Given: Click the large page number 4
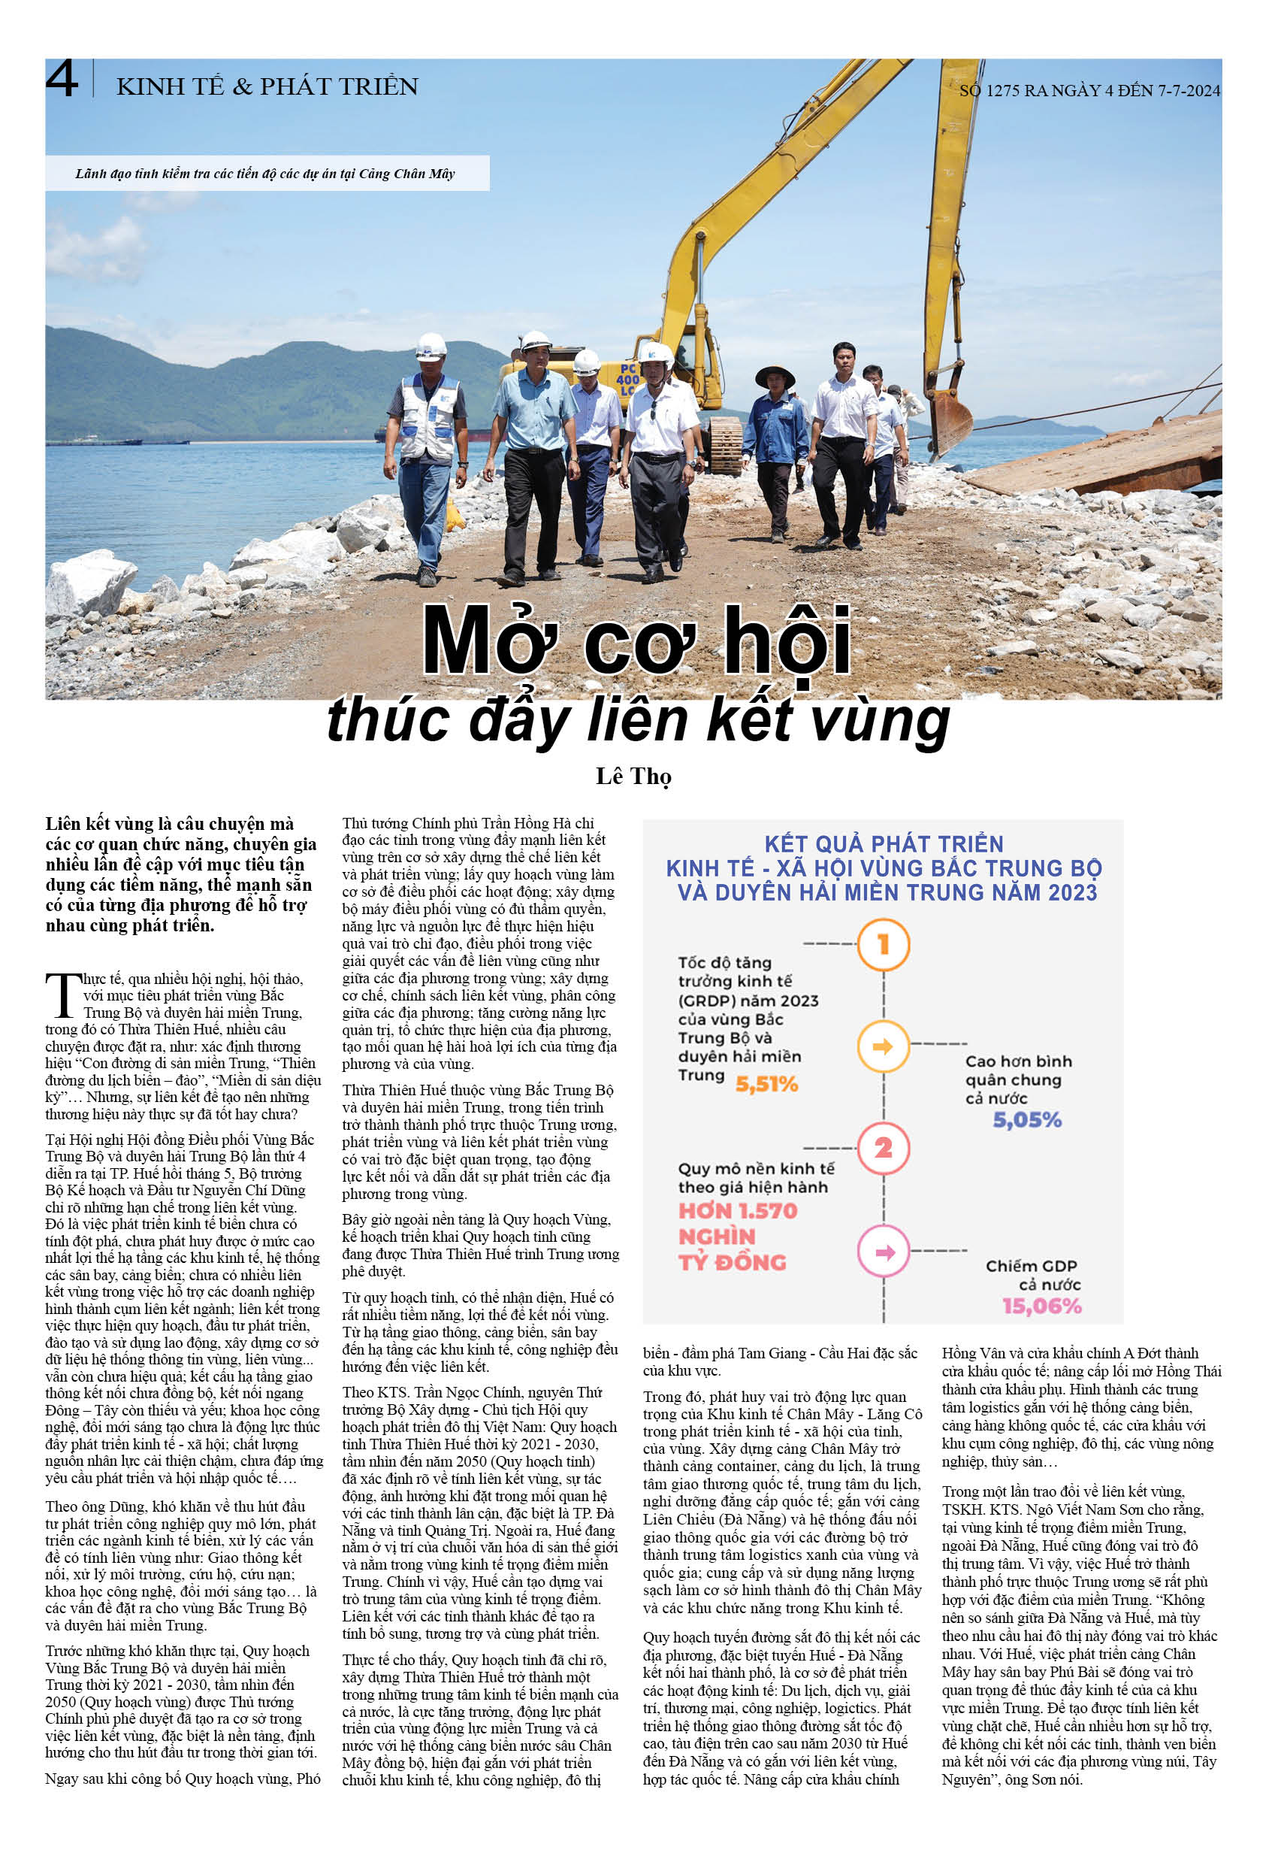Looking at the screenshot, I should click(62, 79).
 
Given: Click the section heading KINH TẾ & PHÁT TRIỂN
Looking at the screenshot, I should click(267, 86).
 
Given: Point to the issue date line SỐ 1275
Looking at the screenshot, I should click(1089, 90).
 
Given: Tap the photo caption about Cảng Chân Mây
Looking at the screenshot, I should click(265, 174).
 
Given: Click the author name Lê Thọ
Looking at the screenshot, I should click(633, 776).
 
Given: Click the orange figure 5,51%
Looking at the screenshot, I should click(766, 1083).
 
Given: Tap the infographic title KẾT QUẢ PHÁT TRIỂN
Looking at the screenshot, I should click(884, 843).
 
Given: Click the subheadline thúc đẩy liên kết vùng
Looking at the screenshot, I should click(638, 719).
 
